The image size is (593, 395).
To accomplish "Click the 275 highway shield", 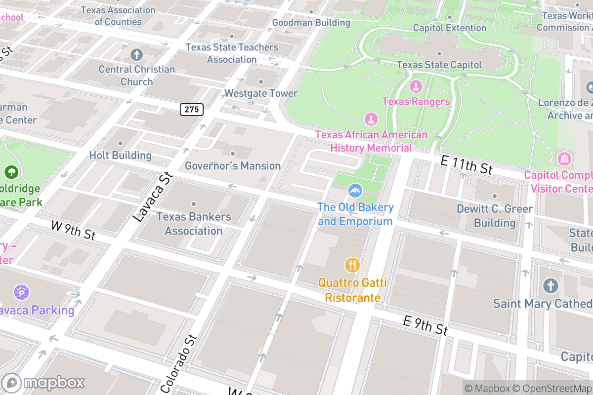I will coord(191,109).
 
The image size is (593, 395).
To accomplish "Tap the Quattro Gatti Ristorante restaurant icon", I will coord(351,265).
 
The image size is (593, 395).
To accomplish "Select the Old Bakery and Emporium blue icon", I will coord(354,190).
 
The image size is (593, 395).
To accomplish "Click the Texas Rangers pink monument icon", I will coord(416,87).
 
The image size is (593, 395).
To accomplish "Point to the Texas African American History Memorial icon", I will coord(370,119).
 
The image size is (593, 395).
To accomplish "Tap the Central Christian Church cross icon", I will coord(136,54).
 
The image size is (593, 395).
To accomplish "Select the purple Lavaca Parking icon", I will coord(21,293).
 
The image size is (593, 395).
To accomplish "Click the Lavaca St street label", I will coord(153,197).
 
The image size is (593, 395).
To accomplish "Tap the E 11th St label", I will coord(467,163).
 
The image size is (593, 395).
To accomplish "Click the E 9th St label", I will coord(425,325).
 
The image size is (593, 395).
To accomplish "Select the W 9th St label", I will coord(73,230).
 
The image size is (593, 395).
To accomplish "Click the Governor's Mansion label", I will coord(233,166).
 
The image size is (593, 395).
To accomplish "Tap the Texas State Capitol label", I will coord(439,65).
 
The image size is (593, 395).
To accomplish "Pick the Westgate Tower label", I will coord(261,93).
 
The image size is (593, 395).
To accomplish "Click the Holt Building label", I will coord(120,155).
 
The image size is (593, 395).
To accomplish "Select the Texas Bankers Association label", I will coord(194,224).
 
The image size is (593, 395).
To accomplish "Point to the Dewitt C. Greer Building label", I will coord(495,216).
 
